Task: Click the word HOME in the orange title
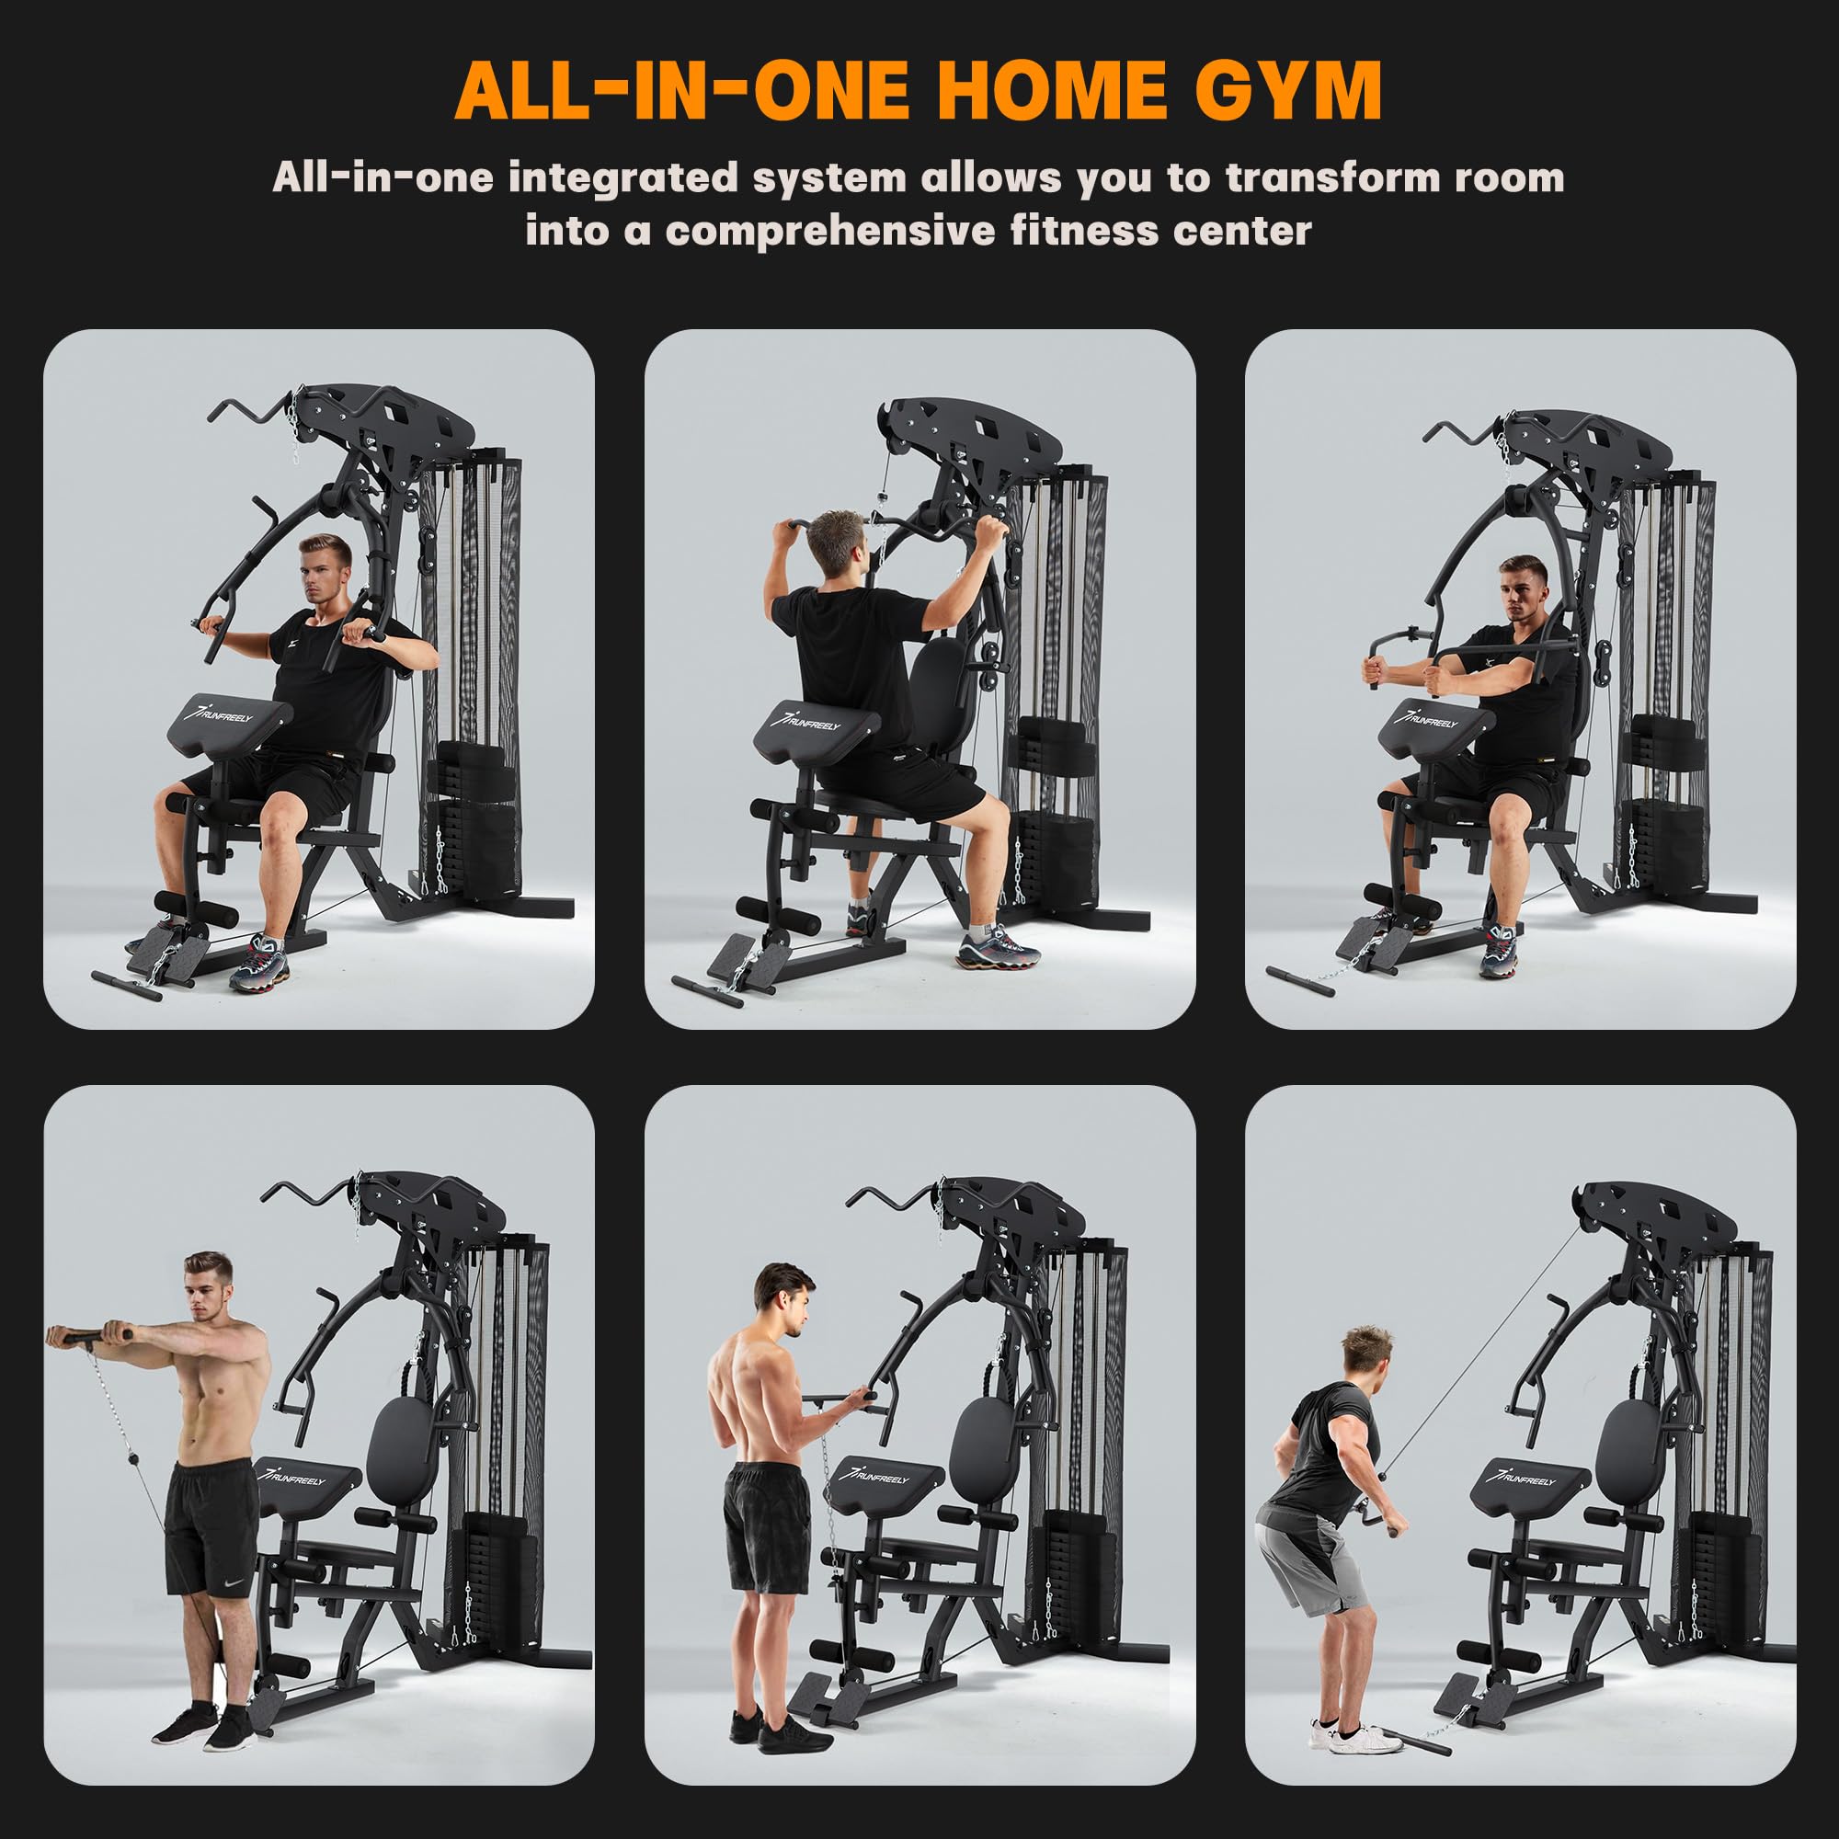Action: [x=1053, y=91]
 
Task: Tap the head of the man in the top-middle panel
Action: [x=836, y=540]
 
